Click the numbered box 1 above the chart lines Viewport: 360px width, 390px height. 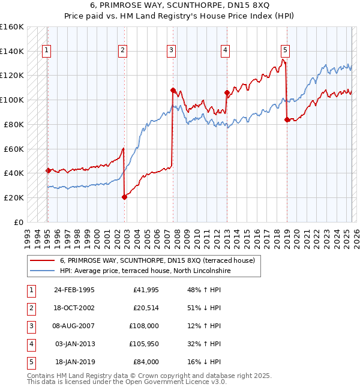(x=46, y=50)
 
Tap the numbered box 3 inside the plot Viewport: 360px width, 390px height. (x=171, y=50)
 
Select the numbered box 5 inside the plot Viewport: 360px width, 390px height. (x=285, y=50)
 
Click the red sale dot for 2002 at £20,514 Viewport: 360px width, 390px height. (x=124, y=197)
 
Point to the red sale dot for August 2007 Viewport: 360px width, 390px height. (x=172, y=90)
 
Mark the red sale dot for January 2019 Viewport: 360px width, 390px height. (x=287, y=119)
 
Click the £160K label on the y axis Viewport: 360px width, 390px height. (x=12, y=27)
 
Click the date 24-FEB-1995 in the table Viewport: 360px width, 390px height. (x=74, y=290)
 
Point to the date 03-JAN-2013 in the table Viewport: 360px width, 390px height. (x=74, y=344)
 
